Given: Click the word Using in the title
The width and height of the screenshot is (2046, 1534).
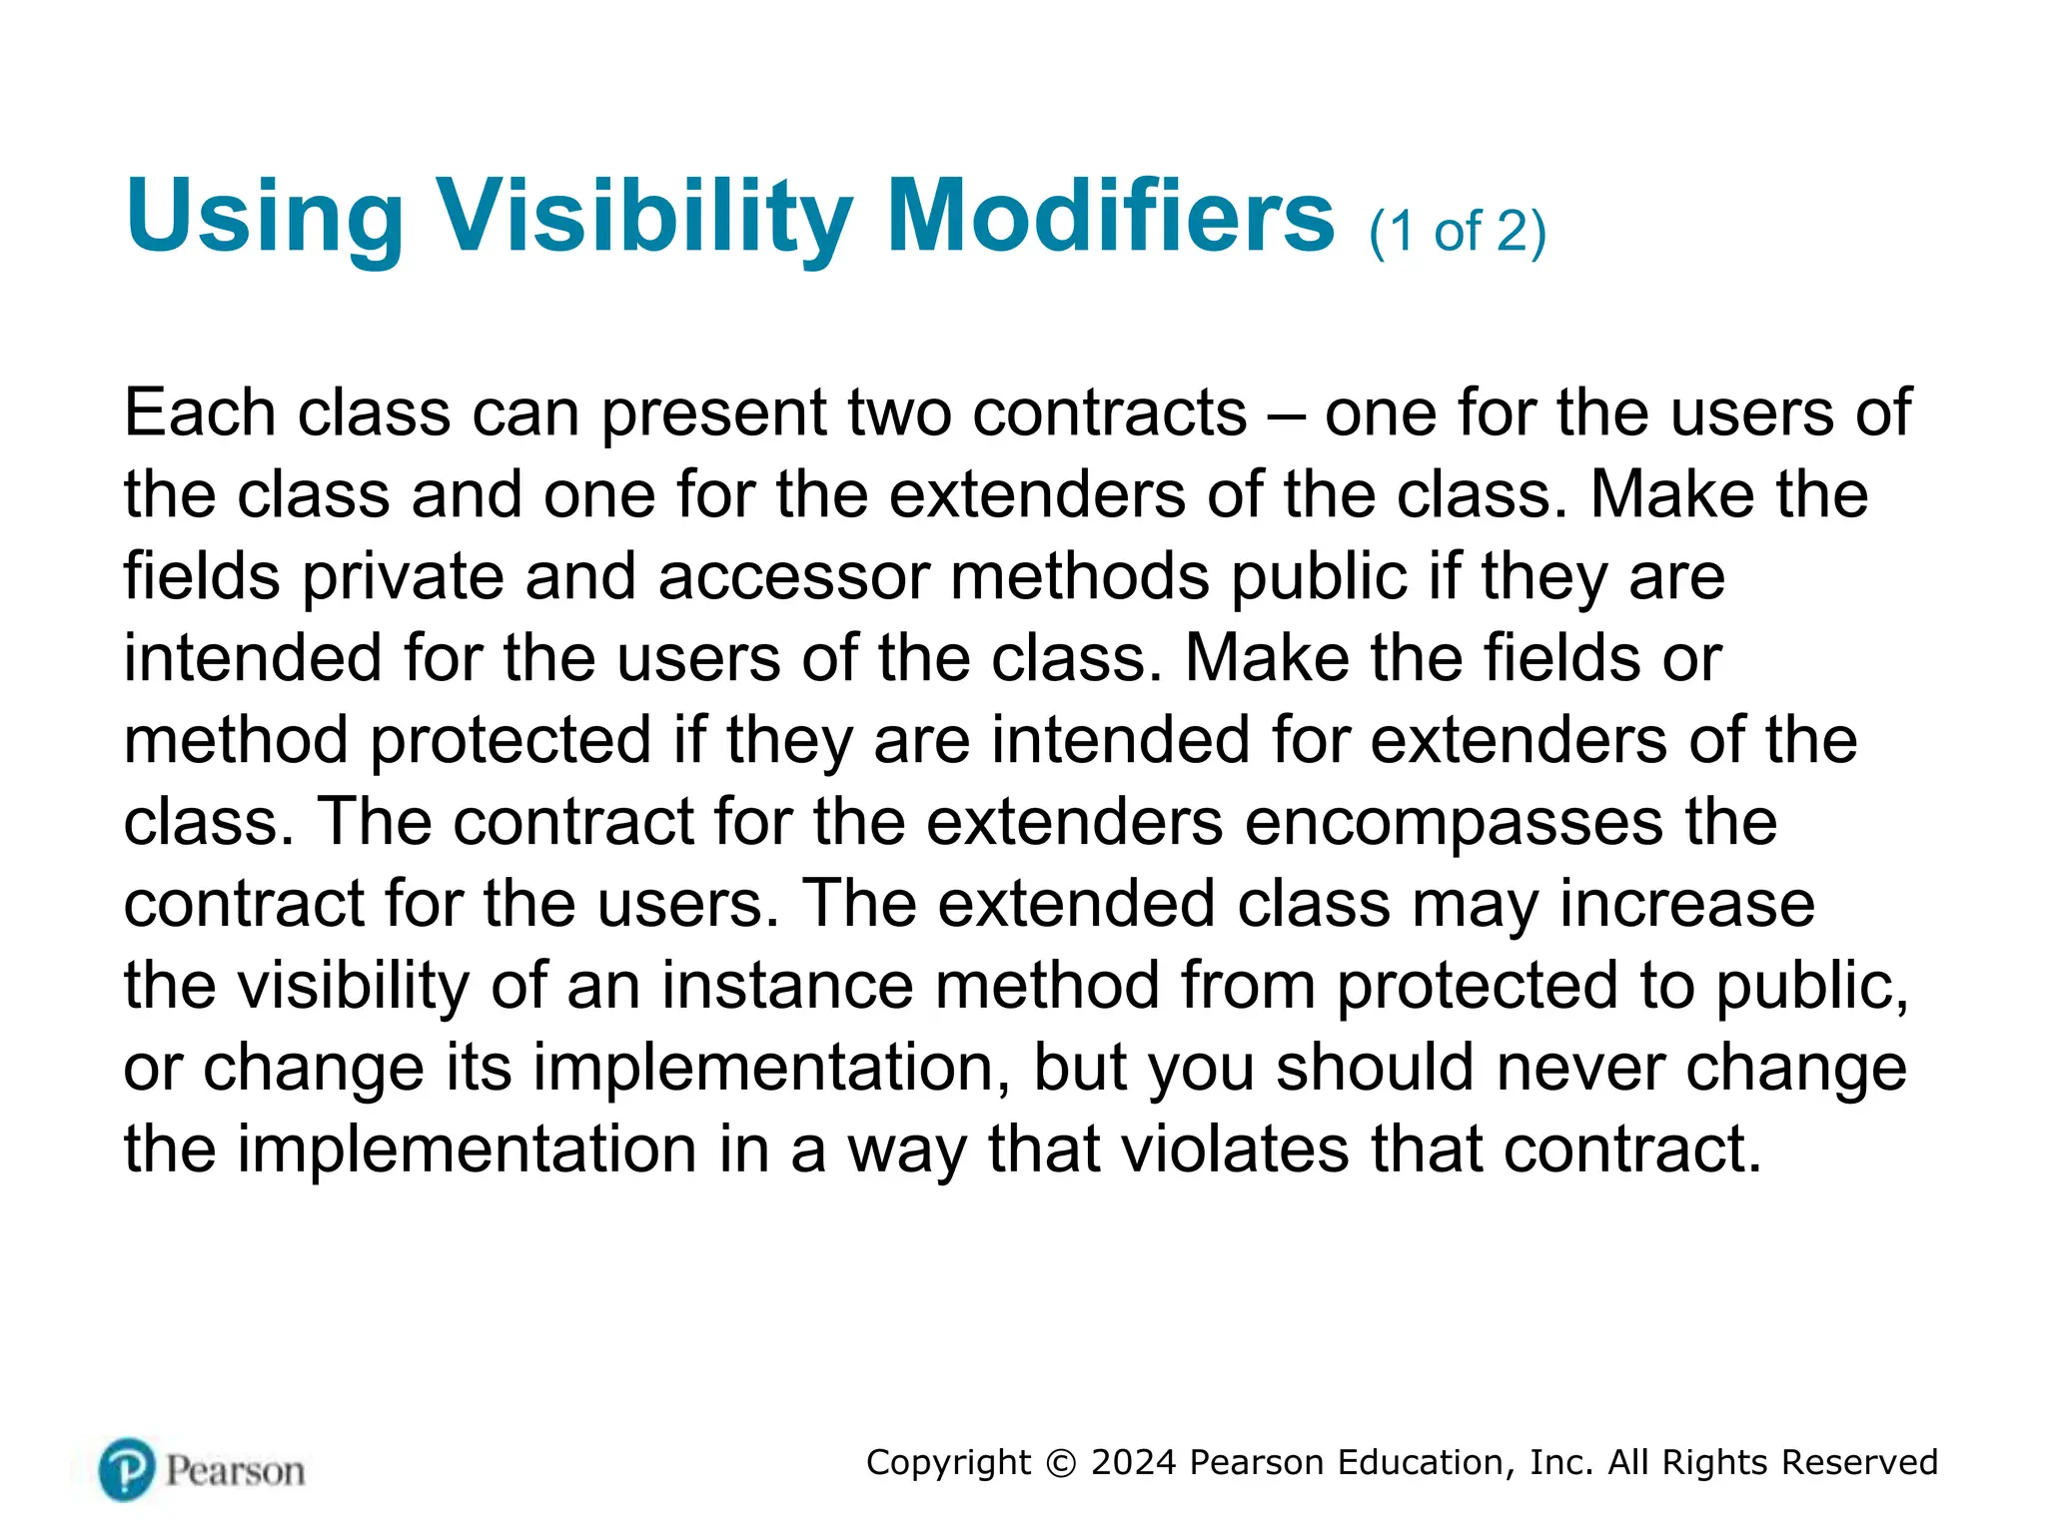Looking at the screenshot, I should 265,218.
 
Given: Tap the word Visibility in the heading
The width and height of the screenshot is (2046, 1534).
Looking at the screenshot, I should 645,218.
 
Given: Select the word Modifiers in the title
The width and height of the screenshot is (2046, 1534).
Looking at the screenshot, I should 1110,216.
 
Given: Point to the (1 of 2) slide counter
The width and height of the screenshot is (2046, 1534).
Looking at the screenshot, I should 1458,232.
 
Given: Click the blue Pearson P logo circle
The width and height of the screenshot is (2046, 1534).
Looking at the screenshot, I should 127,1469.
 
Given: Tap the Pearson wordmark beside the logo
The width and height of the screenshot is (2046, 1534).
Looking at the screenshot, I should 235,1471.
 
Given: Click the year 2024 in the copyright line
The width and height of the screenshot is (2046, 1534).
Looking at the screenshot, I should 1134,1462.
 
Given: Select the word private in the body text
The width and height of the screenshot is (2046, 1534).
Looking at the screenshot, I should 403,577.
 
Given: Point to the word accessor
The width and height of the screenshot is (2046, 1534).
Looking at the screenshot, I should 793,577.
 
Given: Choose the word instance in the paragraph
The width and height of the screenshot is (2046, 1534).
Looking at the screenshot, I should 787,985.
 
